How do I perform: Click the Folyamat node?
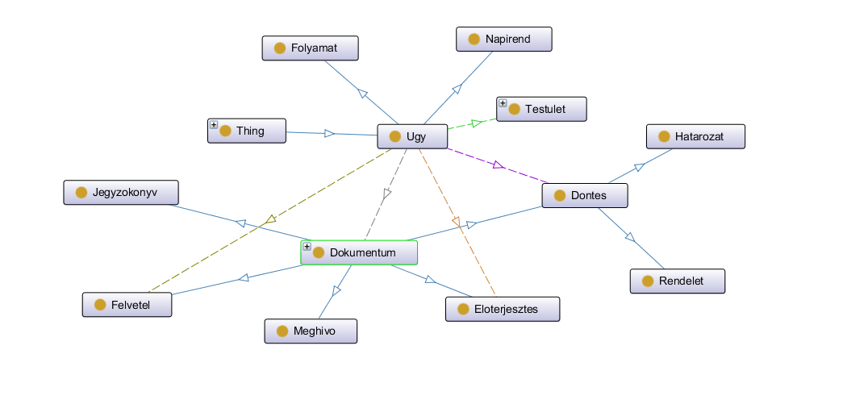point(310,48)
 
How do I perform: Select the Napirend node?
point(503,40)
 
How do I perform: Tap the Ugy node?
point(412,136)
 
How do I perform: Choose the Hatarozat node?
point(695,137)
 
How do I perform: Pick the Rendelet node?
point(678,281)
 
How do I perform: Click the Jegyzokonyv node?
point(121,193)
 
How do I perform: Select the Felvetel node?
point(127,305)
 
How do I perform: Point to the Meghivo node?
point(311,331)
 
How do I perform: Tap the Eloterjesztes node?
point(503,309)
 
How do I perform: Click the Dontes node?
point(585,195)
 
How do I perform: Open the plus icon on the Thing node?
point(214,125)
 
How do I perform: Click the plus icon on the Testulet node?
point(503,103)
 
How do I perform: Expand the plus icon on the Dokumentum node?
point(307,247)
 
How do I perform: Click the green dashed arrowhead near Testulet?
point(477,123)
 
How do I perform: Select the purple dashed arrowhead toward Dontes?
point(498,165)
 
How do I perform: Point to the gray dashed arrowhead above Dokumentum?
point(387,194)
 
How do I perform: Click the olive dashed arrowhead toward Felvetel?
point(271,218)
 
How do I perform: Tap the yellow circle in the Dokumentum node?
point(318,253)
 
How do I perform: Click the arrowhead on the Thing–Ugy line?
point(329,133)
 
